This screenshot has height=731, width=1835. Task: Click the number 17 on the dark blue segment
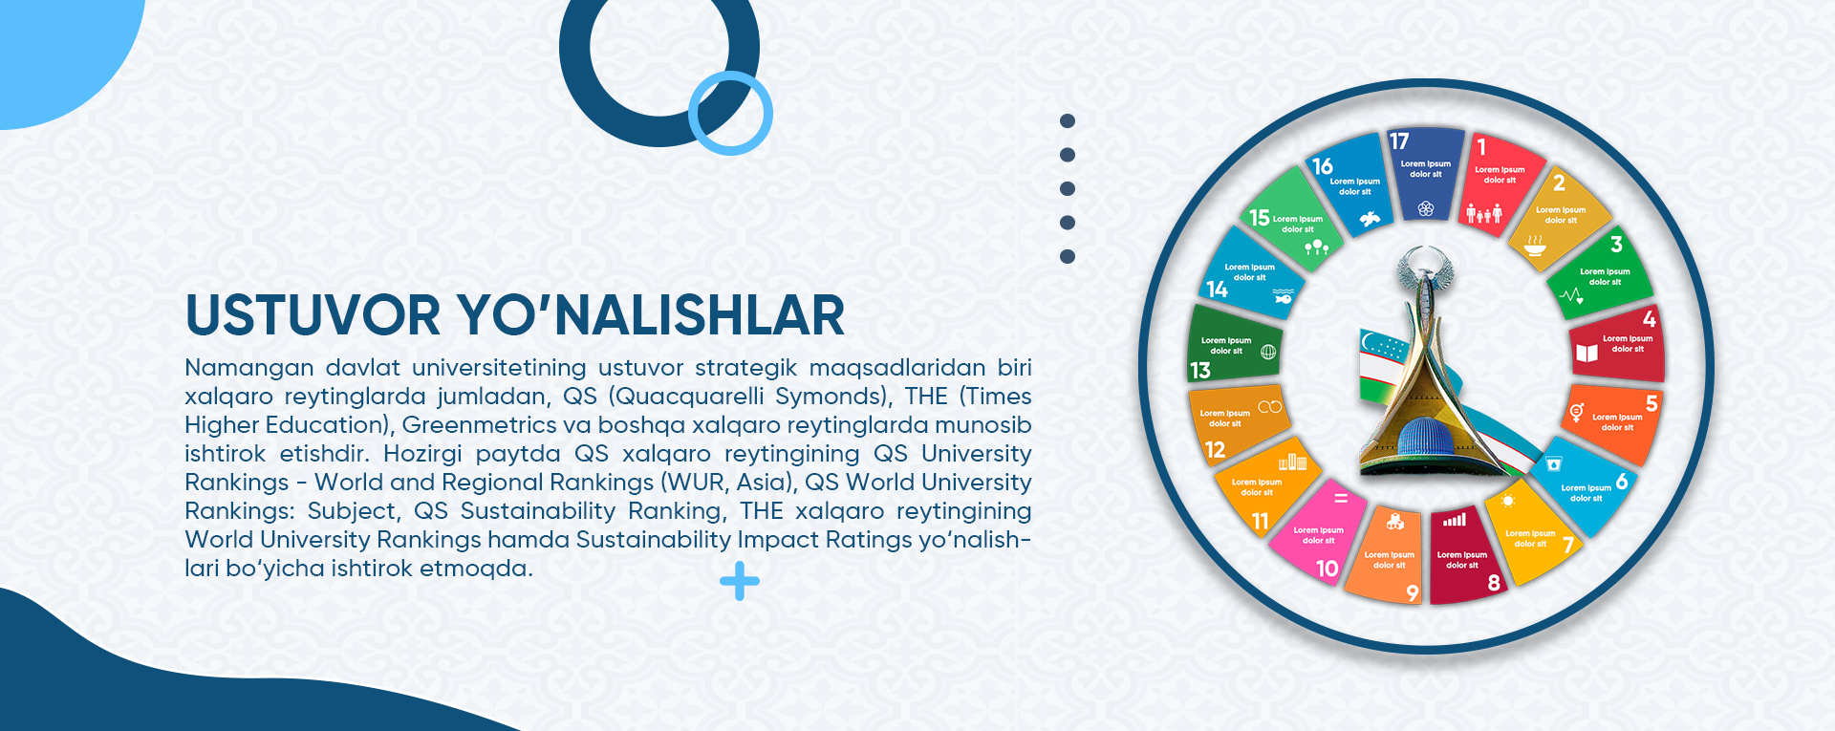[1399, 141]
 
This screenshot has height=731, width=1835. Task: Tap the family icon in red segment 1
[1484, 213]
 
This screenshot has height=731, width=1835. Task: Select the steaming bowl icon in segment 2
[1535, 246]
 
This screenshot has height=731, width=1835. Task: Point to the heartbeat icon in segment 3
[1572, 295]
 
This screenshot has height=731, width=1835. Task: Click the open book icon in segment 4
[1587, 353]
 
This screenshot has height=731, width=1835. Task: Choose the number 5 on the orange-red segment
[1651, 403]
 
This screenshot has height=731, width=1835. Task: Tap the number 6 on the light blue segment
[1622, 482]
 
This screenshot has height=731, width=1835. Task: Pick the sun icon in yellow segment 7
[1508, 502]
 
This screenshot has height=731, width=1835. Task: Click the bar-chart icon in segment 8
[1455, 521]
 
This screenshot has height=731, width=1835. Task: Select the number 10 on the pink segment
[1328, 569]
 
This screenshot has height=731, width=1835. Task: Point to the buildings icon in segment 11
[1293, 462]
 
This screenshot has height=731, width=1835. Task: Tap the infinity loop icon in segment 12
[1269, 407]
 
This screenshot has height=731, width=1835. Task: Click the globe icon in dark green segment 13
[1268, 352]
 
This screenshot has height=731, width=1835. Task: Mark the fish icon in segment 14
[1284, 297]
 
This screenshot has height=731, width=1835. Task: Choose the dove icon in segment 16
[1370, 219]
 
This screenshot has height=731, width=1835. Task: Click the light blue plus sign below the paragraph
[740, 581]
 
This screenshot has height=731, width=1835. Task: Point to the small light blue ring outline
[730, 113]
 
